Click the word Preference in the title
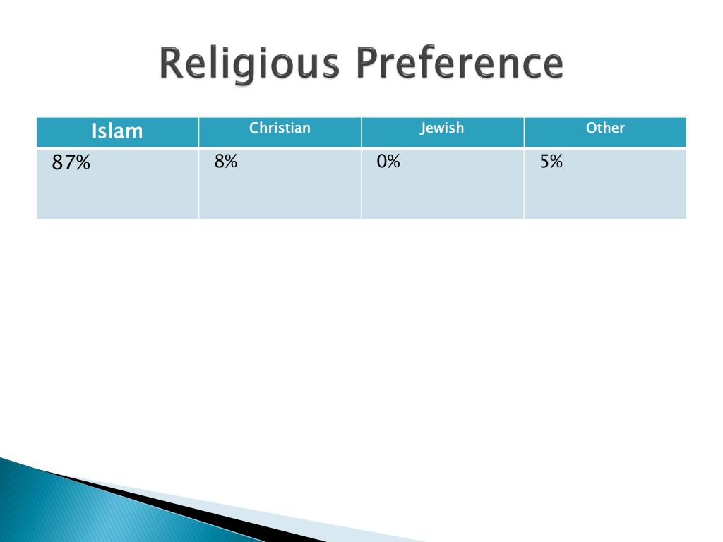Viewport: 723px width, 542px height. click(459, 64)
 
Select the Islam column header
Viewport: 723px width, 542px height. click(117, 131)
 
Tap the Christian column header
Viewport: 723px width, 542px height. click(280, 128)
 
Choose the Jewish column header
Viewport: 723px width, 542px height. click(442, 128)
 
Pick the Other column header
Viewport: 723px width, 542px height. click(605, 128)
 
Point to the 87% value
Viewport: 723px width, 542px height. click(71, 163)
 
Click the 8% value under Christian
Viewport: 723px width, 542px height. click(226, 162)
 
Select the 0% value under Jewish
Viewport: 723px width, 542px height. click(388, 162)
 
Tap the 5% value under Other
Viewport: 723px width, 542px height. click(551, 162)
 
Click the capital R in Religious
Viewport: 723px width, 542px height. click(171, 64)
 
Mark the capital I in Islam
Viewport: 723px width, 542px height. click(94, 131)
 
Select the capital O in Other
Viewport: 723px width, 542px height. click(591, 128)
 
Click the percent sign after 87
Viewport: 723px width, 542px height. click(83, 163)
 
